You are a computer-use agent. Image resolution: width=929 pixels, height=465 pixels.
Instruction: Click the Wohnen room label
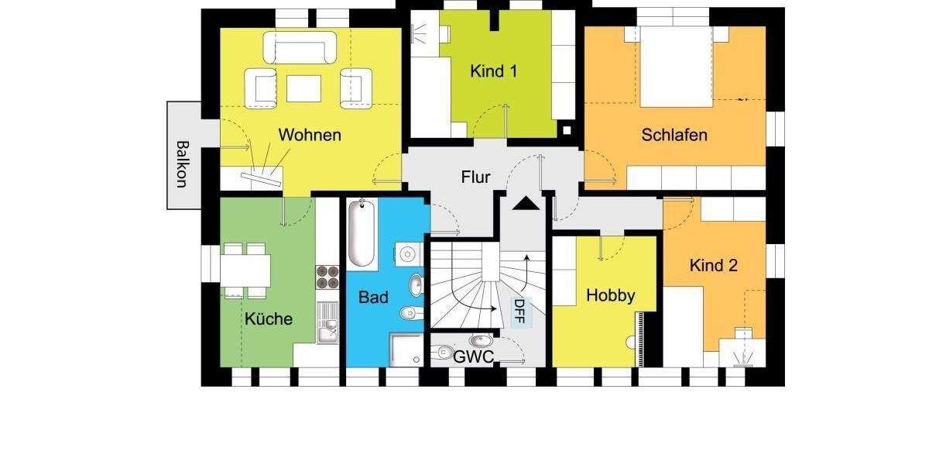310,135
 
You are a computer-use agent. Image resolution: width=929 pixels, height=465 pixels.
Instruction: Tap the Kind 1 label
493,71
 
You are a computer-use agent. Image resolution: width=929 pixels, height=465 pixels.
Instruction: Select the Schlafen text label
674,135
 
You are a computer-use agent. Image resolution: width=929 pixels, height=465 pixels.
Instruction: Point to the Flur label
476,177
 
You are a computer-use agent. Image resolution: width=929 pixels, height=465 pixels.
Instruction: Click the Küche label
269,318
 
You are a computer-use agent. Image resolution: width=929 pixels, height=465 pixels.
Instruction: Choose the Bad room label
373,297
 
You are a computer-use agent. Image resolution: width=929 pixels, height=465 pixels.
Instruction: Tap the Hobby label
610,294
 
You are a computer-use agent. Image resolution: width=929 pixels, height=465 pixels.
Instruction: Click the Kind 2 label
713,265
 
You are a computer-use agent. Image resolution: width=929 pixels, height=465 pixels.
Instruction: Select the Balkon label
182,164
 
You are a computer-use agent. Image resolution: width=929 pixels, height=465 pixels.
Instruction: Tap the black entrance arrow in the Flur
526,204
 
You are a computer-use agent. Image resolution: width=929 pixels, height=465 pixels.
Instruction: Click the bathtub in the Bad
362,233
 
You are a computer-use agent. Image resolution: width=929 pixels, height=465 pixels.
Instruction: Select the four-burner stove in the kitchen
327,277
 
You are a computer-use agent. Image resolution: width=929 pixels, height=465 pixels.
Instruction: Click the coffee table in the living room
303,88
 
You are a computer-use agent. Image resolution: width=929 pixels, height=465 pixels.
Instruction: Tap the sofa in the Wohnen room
300,47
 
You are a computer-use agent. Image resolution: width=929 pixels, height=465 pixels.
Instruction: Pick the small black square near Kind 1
567,130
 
